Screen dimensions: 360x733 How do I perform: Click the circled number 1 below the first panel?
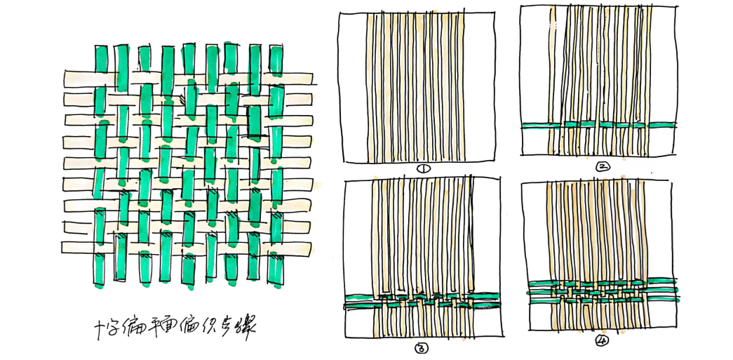tap(422, 168)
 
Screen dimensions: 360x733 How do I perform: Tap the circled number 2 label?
tap(602, 166)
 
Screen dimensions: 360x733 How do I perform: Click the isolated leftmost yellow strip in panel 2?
tap(553, 77)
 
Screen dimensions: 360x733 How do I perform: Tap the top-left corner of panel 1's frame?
tap(339, 13)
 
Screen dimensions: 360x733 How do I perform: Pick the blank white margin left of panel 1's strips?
tap(352, 84)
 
